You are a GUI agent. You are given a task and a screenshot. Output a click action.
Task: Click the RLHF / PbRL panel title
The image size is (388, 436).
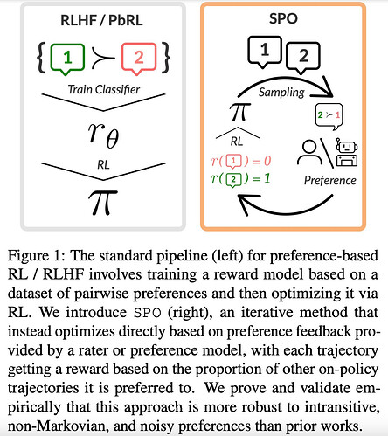tap(101, 20)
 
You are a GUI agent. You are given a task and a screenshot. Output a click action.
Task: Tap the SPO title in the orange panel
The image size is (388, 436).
tap(283, 18)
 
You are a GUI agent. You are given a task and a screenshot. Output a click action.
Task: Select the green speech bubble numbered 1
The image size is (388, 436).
tap(67, 59)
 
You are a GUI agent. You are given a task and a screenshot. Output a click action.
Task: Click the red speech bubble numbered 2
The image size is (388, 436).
tap(139, 59)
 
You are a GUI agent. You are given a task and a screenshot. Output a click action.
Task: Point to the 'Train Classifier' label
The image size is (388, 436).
tap(104, 89)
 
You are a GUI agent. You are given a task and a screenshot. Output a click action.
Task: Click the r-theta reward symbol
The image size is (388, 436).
tap(103, 135)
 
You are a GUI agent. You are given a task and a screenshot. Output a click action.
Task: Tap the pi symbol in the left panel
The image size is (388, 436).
tap(103, 203)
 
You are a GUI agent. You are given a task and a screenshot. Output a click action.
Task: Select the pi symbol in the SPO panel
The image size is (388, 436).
tap(239, 112)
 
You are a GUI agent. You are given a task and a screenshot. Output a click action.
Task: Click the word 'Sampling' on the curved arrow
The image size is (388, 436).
tap(281, 93)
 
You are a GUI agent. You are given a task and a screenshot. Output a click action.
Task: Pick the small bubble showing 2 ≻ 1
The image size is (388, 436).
tap(329, 116)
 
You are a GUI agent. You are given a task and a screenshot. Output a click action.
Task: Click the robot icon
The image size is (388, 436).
tap(347, 153)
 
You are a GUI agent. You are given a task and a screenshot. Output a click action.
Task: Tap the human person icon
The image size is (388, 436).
tap(309, 153)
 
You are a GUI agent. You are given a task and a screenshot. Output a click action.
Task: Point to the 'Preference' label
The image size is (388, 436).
tap(330, 181)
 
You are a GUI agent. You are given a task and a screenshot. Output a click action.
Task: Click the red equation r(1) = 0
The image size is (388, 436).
tap(241, 162)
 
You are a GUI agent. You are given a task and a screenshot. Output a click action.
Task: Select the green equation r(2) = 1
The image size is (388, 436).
tap(241, 179)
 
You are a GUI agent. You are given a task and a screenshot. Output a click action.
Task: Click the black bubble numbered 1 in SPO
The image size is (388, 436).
tap(265, 52)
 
